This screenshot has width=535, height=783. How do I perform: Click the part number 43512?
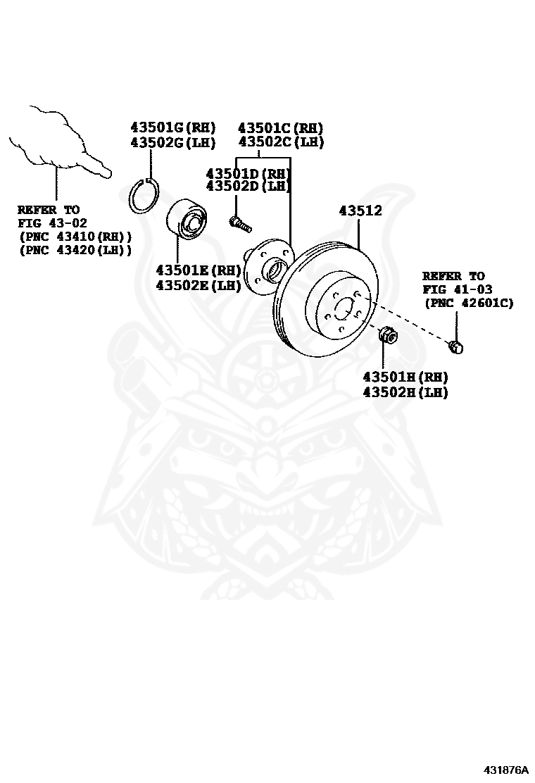click(x=360, y=211)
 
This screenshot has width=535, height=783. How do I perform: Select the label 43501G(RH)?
click(x=172, y=128)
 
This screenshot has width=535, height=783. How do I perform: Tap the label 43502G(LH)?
click(x=172, y=142)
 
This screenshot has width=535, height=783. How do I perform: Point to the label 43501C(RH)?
click(x=280, y=128)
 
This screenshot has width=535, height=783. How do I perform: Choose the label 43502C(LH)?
click(x=280, y=142)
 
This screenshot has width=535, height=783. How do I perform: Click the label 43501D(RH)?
click(x=248, y=173)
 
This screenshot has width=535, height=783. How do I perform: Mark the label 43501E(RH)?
click(x=198, y=270)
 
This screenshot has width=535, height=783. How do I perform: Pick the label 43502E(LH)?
click(x=198, y=285)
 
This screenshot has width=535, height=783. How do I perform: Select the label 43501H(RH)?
click(x=405, y=377)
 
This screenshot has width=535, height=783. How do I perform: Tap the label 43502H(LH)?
click(x=405, y=392)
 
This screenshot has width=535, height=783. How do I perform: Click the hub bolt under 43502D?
click(x=239, y=224)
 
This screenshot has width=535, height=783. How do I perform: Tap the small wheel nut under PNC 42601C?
click(x=456, y=346)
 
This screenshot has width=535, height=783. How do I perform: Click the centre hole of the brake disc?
click(x=343, y=308)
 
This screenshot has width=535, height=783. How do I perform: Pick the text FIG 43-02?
click(x=48, y=223)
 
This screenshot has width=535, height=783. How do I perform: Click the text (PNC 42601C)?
click(x=469, y=303)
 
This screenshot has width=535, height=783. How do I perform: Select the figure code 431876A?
click(x=505, y=769)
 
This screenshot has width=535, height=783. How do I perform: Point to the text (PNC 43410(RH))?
click(x=75, y=237)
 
